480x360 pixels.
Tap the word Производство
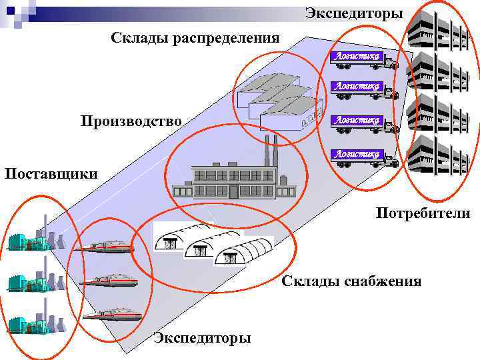click(x=131, y=121)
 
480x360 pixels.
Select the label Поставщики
click(x=51, y=174)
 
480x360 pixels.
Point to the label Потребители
click(x=423, y=213)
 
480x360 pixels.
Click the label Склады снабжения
click(x=351, y=281)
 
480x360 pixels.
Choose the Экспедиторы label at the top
click(x=354, y=13)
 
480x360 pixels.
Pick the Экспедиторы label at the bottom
click(x=202, y=338)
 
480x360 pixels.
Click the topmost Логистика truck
click(x=363, y=60)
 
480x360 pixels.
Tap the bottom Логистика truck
click(x=363, y=157)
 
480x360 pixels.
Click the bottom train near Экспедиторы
click(x=112, y=313)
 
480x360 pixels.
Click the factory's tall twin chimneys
click(x=270, y=150)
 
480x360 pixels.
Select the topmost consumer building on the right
click(x=435, y=29)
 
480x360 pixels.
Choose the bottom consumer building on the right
click(x=435, y=155)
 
